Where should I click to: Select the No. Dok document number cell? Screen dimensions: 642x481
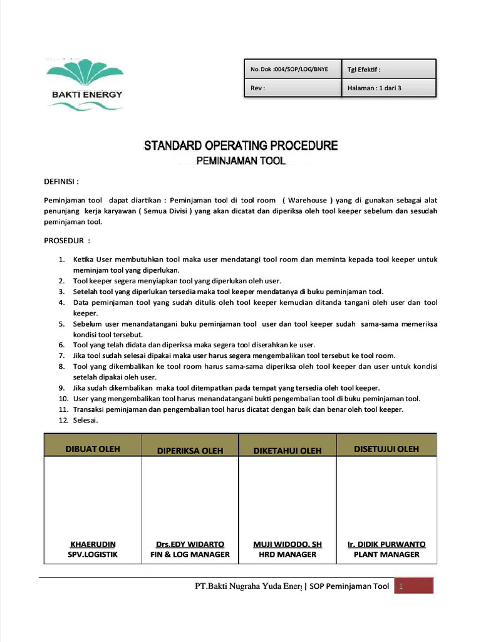tap(290, 69)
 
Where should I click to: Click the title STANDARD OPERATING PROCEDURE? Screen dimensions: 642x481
tap(240, 146)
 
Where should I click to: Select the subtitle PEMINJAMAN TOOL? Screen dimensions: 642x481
tap(240, 161)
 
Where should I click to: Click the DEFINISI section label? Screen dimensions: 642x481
tap(61, 182)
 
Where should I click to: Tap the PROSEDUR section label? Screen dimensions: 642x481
tap(66, 240)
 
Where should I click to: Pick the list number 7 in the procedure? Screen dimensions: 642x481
tap(62, 355)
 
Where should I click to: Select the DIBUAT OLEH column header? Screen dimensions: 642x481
tap(93, 449)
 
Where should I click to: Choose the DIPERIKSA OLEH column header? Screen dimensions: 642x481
tap(190, 450)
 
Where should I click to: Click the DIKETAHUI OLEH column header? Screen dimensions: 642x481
tap(287, 450)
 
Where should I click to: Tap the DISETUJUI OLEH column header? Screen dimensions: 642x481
tap(386, 449)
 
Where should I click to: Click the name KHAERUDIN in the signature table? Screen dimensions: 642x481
tap(93, 544)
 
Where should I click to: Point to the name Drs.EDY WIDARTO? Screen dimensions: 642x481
tap(190, 544)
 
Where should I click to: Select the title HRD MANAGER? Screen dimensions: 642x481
tap(287, 554)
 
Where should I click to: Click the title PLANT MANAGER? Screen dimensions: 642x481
tap(386, 554)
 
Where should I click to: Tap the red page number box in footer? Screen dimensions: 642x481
tap(413, 586)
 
